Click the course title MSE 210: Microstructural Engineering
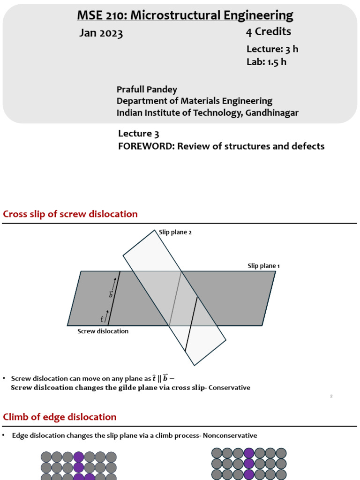pyautogui.click(x=185, y=15)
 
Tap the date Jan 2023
pyautogui.click(x=101, y=33)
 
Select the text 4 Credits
pyautogui.click(x=269, y=32)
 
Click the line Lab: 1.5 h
pyautogui.click(x=266, y=62)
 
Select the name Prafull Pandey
pyautogui.click(x=147, y=89)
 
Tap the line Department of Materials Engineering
pyautogui.click(x=194, y=101)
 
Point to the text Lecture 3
pyautogui.click(x=135, y=134)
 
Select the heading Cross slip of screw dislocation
pyautogui.click(x=70, y=214)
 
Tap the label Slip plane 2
pyautogui.click(x=176, y=232)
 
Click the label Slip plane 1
pyautogui.click(x=263, y=266)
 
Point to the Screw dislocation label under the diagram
pyautogui.click(x=103, y=331)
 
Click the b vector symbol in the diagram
pyautogui.click(x=111, y=294)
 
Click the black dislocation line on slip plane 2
pyautogui.click(x=191, y=324)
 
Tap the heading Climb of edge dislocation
pyautogui.click(x=60, y=417)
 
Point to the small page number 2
pyautogui.click(x=331, y=397)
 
